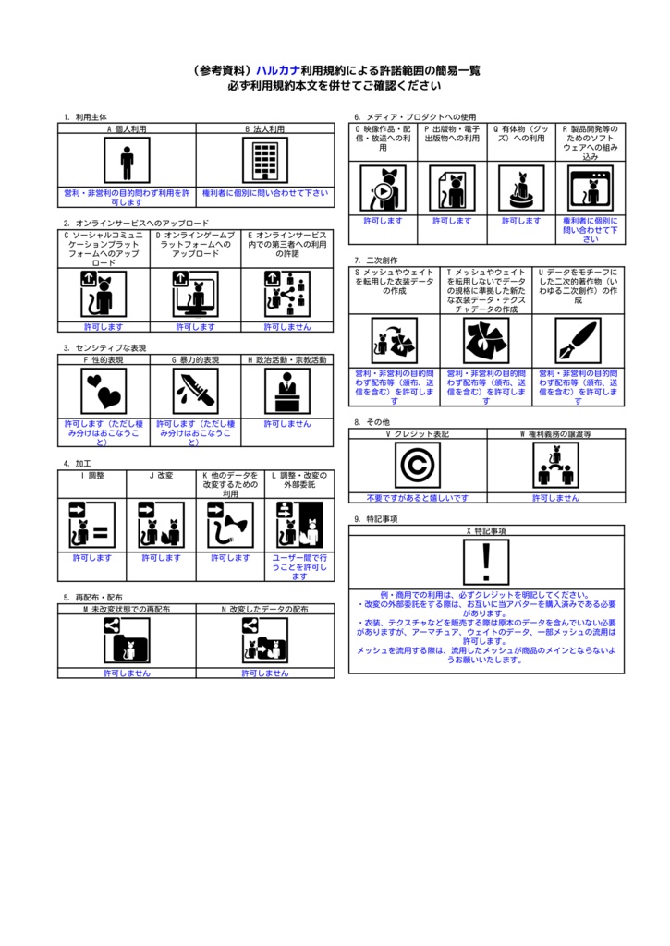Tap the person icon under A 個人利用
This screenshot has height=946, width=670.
click(x=127, y=162)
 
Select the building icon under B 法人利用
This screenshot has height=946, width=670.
click(x=264, y=162)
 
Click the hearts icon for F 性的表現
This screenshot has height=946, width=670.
click(x=104, y=391)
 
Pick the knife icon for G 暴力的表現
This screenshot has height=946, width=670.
click(x=195, y=391)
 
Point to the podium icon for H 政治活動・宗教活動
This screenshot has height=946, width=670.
click(x=287, y=391)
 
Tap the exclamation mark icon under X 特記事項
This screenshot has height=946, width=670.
click(x=487, y=563)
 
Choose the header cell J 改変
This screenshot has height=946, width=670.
click(x=161, y=476)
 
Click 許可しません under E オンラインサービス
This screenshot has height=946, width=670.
click(x=287, y=327)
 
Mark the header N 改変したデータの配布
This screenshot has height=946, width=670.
click(x=264, y=610)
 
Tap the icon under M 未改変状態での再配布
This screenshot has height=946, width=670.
click(x=127, y=639)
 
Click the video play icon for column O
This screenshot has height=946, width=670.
click(x=383, y=188)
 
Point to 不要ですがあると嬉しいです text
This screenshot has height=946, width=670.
click(x=417, y=498)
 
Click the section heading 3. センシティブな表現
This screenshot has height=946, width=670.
click(x=104, y=348)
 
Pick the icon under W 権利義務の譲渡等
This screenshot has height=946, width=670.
click(x=555, y=465)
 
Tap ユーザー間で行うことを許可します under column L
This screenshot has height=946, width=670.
click(x=298, y=567)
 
